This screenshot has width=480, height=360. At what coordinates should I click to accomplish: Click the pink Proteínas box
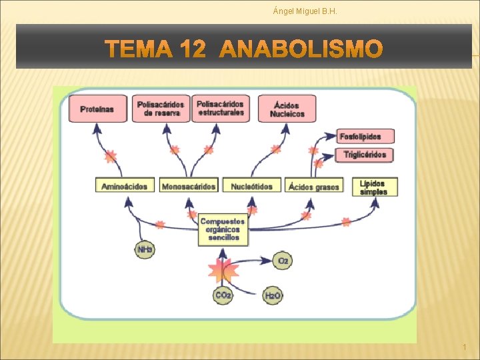[x=97, y=109]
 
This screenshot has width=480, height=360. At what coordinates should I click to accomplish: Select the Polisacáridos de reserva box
[x=161, y=109]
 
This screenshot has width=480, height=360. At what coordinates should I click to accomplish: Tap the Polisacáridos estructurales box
[x=220, y=108]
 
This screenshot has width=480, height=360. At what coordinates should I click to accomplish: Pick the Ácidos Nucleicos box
[x=287, y=109]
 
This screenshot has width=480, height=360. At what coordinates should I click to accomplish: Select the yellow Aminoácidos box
[x=125, y=186]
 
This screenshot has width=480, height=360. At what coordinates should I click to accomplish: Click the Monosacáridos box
[x=189, y=186]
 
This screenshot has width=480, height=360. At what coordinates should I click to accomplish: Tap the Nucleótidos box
[x=252, y=186]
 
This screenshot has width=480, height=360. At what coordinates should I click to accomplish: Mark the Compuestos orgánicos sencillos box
[x=223, y=229]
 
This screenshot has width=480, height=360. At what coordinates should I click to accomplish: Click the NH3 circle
[x=145, y=250]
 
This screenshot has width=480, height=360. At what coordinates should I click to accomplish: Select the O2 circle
[x=282, y=261]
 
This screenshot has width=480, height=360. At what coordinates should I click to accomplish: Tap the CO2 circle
[x=223, y=295]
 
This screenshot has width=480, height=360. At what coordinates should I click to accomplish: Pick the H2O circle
[x=273, y=295]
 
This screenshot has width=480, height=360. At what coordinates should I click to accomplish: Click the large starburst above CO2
[x=223, y=269]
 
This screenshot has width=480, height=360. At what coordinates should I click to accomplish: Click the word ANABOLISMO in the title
[x=301, y=49]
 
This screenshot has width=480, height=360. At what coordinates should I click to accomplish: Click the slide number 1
[x=464, y=348]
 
